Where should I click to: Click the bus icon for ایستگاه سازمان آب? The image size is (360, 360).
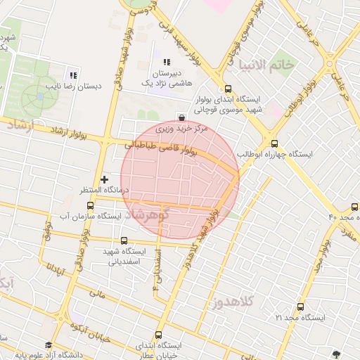[x=90, y=206]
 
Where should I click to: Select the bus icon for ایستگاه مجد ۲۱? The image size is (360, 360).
[x=301, y=307]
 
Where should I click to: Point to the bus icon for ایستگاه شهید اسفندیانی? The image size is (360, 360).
[x=127, y=240]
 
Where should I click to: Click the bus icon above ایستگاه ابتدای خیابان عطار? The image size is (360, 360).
[x=157, y=335]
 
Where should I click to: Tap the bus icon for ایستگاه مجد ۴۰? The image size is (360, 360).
[x=354, y=206]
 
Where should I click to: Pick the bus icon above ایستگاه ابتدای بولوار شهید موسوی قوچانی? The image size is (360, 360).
[x=227, y=89]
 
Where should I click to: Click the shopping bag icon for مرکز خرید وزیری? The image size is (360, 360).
[x=183, y=117]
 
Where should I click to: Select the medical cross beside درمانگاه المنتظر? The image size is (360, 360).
[x=105, y=179]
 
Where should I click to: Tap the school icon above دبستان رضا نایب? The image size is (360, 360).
[x=72, y=75]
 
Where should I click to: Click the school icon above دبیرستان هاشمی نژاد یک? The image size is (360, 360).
[x=167, y=63]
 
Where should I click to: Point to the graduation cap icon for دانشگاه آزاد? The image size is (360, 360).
[x=49, y=345]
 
